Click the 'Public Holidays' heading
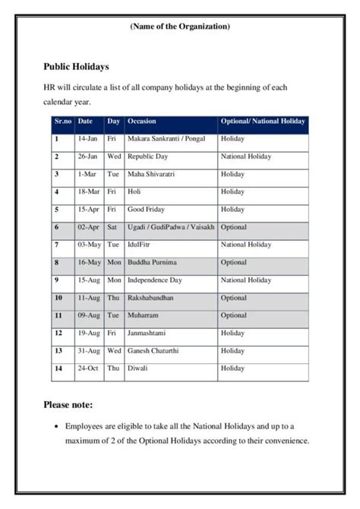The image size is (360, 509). coord(76,67)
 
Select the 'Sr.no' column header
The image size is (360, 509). coord(62,122)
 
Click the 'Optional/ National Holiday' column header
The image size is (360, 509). coord(263,122)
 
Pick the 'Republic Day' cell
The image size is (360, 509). coord(148,156)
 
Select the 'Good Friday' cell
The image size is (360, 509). coord(147,209)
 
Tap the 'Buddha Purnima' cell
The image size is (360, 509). coord(152,262)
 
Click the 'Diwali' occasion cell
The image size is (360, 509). coord(137,368)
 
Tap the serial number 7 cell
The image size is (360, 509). coord(57,245)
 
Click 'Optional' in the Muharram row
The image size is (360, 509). coord(234,315)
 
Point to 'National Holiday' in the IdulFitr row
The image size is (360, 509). coord(246,245)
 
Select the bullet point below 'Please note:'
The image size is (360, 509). coord(187,434)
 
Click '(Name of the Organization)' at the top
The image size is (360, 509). coord(180,27)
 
